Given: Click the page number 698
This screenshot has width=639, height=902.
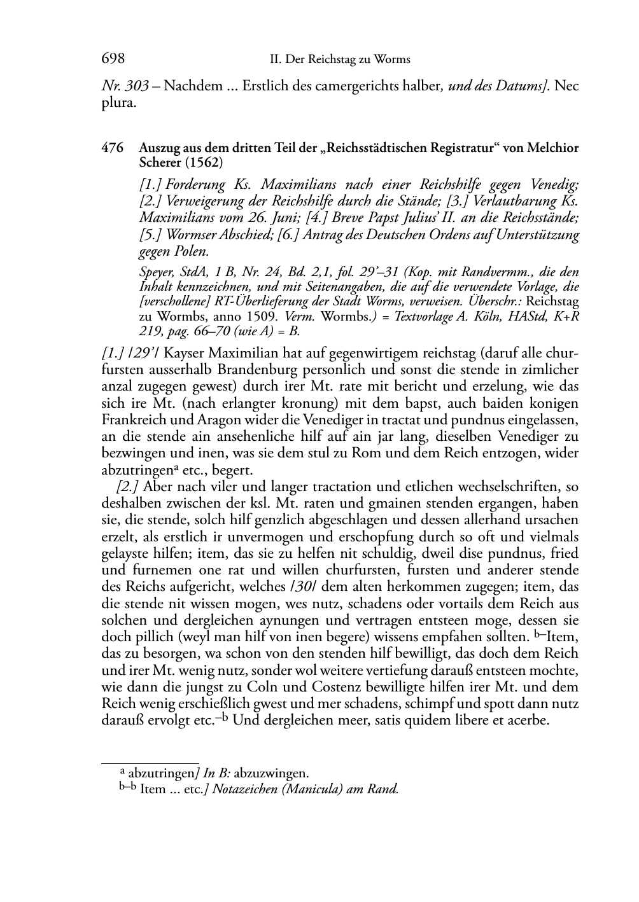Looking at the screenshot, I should coord(113,59).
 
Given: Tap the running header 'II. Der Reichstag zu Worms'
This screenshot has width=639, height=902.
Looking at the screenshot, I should coord(340,60).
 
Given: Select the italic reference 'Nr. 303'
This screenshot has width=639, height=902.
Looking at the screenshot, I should coord(125,85).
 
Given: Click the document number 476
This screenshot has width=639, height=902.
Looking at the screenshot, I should coord(113,148).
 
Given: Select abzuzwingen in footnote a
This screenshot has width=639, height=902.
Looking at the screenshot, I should coord(273,774).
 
